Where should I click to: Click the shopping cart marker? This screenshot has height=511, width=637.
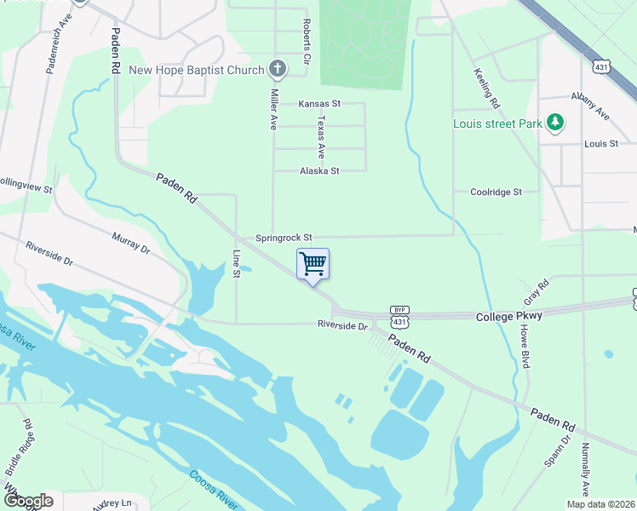pos(313,264)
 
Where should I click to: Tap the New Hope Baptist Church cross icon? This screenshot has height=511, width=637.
pos(277,69)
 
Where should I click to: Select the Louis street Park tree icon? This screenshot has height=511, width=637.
pos(555,123)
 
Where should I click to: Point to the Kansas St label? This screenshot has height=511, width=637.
pos(319,104)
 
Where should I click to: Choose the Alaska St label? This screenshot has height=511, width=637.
pos(319,171)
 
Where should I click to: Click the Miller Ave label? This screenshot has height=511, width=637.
pos(274,108)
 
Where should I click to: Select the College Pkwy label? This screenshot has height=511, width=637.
pos(508,316)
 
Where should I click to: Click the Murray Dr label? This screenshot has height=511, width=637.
pos(131,244)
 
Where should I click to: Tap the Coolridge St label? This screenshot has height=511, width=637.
pos(496,192)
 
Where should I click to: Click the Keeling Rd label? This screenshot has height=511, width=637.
pos(486,89)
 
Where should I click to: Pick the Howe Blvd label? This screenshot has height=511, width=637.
pos(525,344)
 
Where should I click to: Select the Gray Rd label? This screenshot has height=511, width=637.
pos(532,295)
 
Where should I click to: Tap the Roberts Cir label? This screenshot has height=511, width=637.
pos(305,42)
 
